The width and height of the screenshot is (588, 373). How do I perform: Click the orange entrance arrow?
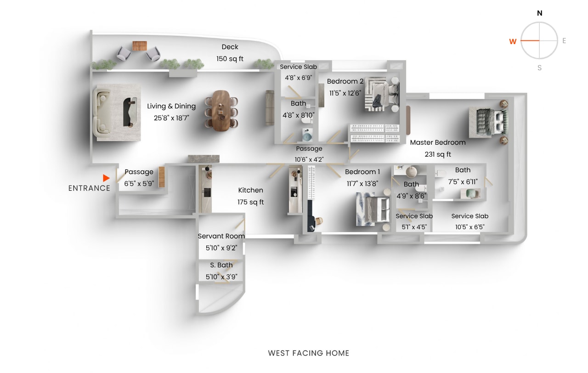click(106, 178)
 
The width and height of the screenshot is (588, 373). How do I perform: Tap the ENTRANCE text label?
click(89, 188)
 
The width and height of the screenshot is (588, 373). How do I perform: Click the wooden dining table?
click(221, 110)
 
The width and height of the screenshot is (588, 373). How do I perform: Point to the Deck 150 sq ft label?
click(230, 53)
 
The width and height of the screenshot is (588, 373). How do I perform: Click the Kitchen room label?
click(250, 196)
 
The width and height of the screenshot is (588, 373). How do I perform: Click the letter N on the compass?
click(539, 13)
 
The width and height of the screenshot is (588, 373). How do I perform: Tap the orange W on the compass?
click(513, 41)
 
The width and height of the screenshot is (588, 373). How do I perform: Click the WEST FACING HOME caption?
click(309, 353)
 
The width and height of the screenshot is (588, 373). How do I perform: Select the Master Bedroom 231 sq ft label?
click(438, 148)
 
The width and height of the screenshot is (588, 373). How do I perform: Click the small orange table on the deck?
click(139, 46)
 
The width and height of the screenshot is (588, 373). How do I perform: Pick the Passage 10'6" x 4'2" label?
click(309, 154)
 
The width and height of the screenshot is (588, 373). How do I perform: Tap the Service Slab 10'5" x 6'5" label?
click(469, 221)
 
